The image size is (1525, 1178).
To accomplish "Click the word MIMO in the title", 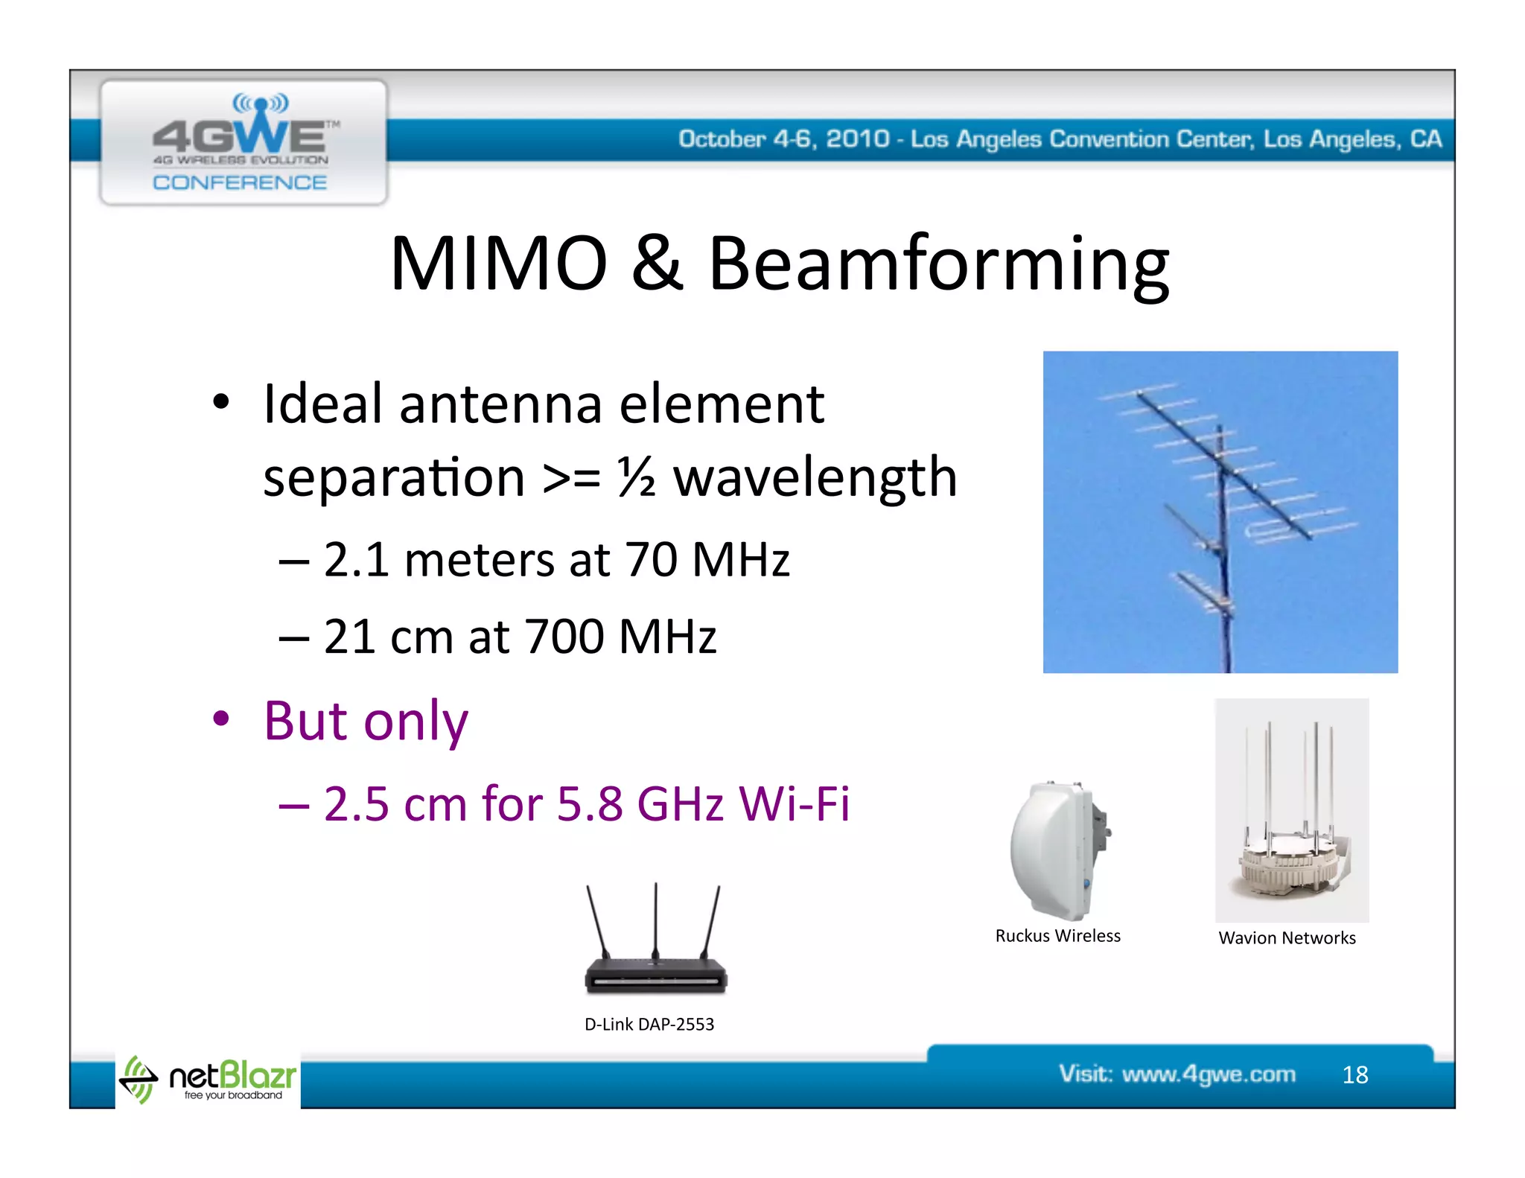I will coord(499,264).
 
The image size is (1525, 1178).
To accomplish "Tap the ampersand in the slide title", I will coord(657,264).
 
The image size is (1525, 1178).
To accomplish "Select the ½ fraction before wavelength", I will coord(637,477).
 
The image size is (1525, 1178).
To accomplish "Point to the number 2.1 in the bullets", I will coord(356,559).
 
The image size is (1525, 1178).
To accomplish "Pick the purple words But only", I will coord(366,721).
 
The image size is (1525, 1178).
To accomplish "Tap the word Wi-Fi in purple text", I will coord(794,804).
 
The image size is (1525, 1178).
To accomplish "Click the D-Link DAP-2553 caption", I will coord(649,1025).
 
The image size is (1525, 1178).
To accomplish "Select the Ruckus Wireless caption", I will coord(1057,936).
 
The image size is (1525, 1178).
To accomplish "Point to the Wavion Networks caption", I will coord(1287,938).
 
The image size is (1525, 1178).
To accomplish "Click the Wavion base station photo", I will coord(1292,812).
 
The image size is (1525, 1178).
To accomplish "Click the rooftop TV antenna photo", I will coord(1220,512).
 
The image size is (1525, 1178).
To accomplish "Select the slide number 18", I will coord(1355,1074).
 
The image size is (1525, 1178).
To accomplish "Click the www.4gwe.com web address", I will coord(1209,1074).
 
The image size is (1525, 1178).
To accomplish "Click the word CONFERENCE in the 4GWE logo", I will coord(240,183).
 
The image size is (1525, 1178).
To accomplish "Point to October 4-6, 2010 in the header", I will coord(783,139).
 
